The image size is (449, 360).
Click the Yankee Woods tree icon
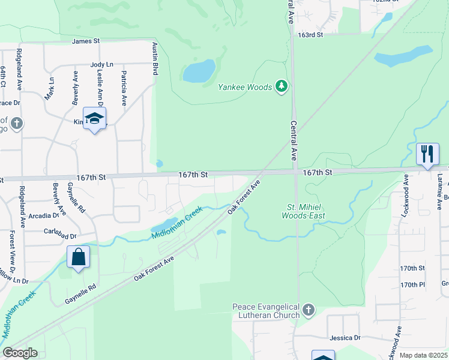coord(282,87)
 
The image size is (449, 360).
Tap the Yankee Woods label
coord(245,87)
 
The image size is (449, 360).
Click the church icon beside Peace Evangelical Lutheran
coord(309,310)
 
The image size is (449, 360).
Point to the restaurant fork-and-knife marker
coord(427,154)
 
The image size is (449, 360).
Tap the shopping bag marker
coord(78,258)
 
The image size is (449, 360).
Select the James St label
coord(85,41)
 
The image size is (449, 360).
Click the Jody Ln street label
coord(101,64)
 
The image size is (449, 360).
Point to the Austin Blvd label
coord(155,58)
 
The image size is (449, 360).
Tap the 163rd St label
coord(310,35)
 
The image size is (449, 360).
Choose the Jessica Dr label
coord(345,338)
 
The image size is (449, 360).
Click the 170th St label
coord(412,268)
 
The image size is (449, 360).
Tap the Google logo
coord(20,353)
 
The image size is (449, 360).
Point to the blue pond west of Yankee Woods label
coord(199,71)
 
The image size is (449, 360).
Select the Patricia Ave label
coord(123,89)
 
